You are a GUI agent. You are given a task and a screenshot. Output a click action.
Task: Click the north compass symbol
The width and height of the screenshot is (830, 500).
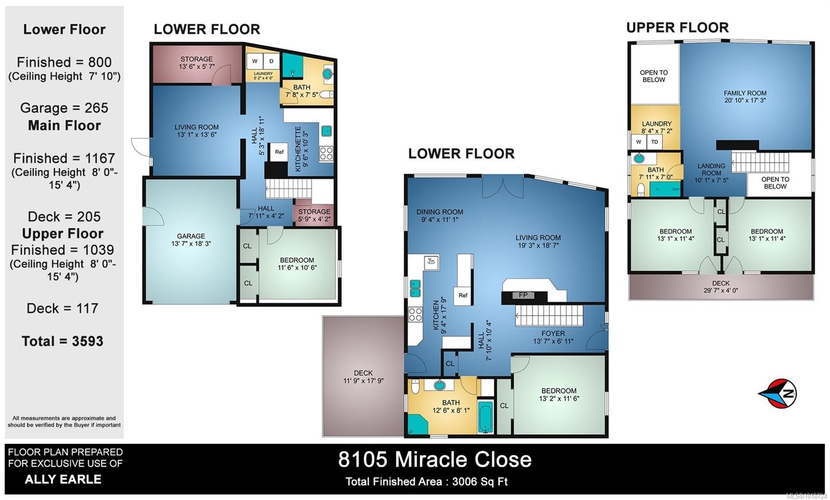click(778, 393)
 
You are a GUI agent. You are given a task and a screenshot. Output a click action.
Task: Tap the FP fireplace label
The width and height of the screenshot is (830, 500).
click(523, 295)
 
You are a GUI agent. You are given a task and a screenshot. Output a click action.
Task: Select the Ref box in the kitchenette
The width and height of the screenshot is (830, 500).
click(279, 152)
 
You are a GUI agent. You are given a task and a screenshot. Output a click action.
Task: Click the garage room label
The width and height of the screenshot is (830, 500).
click(191, 239)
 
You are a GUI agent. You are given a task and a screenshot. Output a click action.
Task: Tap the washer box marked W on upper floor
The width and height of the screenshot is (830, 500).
click(639, 141)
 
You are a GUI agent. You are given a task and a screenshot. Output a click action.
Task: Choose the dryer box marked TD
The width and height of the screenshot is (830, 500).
click(655, 141)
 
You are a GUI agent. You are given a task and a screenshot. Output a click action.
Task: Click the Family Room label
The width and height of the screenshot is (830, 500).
click(745, 97)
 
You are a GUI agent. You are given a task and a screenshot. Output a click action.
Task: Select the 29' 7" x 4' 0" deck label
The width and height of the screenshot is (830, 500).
click(721, 287)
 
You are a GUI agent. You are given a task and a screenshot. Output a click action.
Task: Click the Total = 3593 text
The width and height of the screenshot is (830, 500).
click(62, 341)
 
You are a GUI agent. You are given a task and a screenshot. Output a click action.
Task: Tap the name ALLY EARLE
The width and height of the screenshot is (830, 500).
click(63, 479)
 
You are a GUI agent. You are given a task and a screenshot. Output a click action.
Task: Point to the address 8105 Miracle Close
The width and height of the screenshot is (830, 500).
click(435, 460)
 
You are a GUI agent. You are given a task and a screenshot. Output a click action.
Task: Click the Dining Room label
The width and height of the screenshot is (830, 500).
click(439, 216)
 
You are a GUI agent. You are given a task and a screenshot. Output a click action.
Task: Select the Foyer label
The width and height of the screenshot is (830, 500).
click(553, 337)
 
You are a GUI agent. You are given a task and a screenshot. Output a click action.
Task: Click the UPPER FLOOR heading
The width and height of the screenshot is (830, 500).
click(677, 27)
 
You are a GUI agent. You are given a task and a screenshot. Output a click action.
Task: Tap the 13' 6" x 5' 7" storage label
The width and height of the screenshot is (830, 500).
click(197, 63)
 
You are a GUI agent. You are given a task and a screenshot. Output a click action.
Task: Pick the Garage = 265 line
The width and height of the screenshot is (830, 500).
click(64, 108)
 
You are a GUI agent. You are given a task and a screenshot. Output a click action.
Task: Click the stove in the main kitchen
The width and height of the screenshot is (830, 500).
click(415, 314)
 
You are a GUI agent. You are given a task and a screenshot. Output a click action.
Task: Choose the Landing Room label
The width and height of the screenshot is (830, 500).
click(711, 173)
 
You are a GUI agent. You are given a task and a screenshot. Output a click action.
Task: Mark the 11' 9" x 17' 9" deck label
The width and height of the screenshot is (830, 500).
click(363, 377)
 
